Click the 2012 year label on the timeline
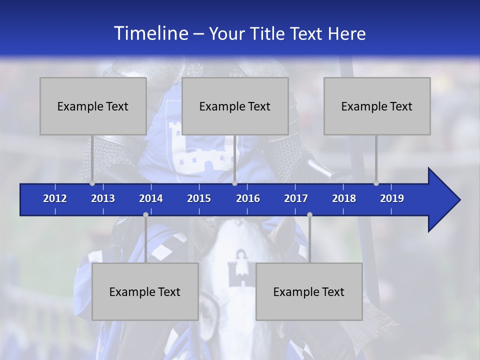(55, 198)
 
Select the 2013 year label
(103, 198)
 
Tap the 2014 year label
(151, 198)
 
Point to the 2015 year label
(199, 198)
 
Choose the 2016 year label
(248, 198)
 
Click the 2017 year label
(296, 198)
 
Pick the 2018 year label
(344, 198)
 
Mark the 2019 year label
(392, 198)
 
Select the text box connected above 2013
(93, 106)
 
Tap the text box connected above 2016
(235, 106)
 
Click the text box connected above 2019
(377, 106)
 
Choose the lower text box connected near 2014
(145, 291)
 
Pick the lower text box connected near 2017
(309, 291)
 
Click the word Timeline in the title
(150, 33)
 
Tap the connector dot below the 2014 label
(145, 214)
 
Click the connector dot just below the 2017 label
(309, 214)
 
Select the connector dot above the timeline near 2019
(376, 183)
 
